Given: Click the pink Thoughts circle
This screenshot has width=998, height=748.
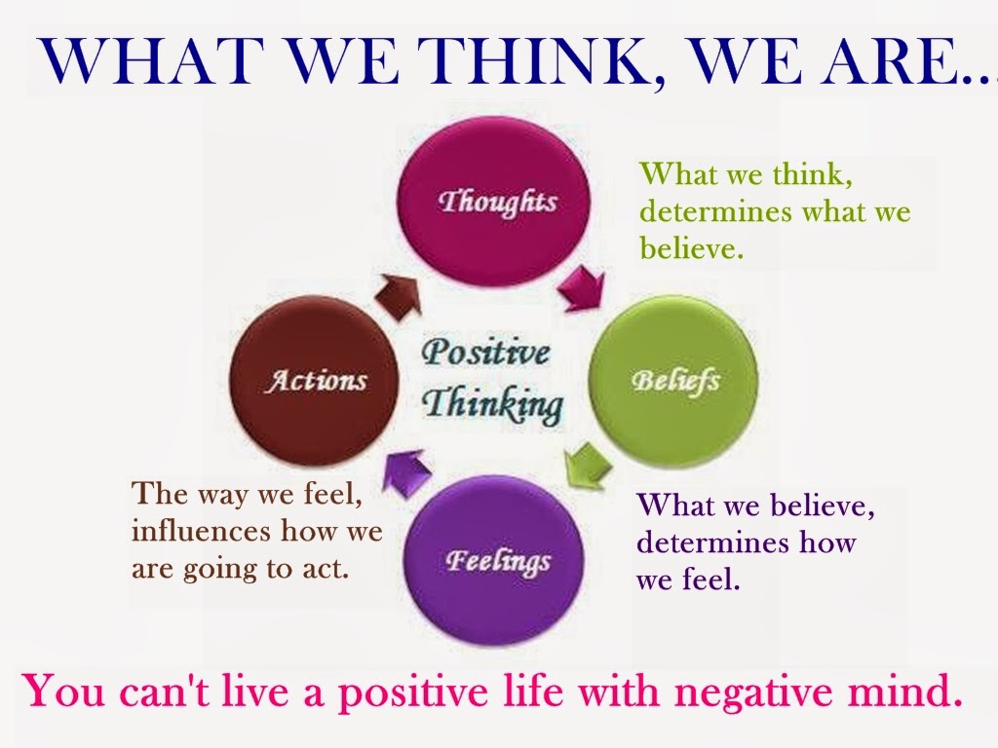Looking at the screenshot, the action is [494, 201].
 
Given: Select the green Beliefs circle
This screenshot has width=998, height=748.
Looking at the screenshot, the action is [674, 381].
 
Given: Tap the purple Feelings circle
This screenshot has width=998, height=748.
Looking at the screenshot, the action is [494, 560].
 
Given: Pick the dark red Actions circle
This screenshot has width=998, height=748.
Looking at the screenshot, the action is [314, 381].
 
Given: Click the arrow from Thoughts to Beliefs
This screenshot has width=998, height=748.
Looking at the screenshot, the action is [583, 288].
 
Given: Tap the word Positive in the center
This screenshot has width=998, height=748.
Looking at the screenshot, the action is [485, 352].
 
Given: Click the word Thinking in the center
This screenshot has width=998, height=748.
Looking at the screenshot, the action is [493, 404].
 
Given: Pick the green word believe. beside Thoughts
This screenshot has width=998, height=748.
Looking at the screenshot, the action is [692, 247].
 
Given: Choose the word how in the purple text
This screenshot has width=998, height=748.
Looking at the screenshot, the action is [827, 542].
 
